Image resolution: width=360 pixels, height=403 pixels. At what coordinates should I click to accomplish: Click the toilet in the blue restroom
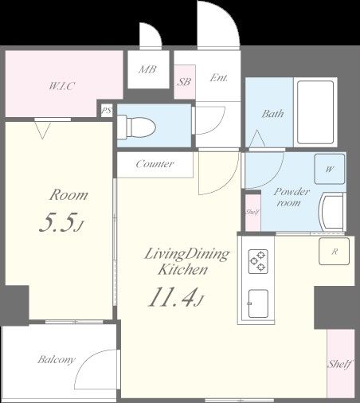136,127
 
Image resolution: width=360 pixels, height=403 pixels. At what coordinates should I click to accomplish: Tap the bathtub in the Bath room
315,112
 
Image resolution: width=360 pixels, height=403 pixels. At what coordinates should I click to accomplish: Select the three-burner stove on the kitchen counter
258,261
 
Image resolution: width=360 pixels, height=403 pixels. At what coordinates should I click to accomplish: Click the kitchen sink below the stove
258,303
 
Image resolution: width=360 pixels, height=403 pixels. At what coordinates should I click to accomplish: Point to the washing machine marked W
330,169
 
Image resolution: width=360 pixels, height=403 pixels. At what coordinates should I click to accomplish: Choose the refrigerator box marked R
335,251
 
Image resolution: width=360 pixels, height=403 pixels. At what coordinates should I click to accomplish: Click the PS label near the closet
107,111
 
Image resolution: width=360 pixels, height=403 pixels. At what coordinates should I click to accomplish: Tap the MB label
147,69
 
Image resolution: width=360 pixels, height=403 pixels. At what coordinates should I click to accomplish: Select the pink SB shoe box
185,82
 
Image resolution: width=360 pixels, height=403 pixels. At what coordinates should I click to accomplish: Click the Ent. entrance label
219,78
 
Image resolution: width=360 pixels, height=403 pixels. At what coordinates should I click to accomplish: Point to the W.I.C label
61,86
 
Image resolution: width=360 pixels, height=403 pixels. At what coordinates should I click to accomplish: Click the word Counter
155,164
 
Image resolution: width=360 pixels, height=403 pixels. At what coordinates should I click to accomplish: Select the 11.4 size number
173,297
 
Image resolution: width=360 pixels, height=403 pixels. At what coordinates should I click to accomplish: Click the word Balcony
57,360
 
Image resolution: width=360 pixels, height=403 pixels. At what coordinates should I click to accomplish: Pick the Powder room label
292,197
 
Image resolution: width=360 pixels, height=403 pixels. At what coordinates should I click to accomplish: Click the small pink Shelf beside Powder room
252,213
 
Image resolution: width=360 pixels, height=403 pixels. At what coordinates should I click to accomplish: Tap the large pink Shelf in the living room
341,364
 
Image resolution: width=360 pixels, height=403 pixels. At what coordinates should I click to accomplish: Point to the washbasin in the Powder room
332,212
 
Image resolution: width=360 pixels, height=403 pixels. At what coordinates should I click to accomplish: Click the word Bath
272,114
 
